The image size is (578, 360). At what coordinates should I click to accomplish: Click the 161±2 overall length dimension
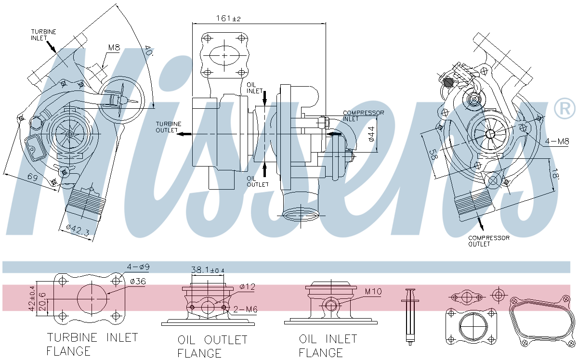pyautogui.click(x=228, y=18)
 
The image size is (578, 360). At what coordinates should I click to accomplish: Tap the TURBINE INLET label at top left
pyautogui.click(x=43, y=35)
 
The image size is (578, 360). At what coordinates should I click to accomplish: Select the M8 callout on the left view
pyautogui.click(x=114, y=48)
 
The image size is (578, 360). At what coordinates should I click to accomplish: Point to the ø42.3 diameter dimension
pyautogui.click(x=78, y=231)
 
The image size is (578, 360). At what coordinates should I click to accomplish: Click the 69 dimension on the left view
pyautogui.click(x=33, y=177)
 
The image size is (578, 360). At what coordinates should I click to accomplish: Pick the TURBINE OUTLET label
pyautogui.click(x=169, y=127)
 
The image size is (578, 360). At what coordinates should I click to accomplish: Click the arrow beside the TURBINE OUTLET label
pyautogui.click(x=185, y=134)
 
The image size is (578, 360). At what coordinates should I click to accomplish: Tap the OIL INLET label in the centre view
pyautogui.click(x=254, y=88)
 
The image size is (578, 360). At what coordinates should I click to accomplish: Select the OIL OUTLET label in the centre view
pyautogui.click(x=258, y=181)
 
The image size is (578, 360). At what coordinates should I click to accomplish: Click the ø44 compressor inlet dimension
pyautogui.click(x=371, y=134)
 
